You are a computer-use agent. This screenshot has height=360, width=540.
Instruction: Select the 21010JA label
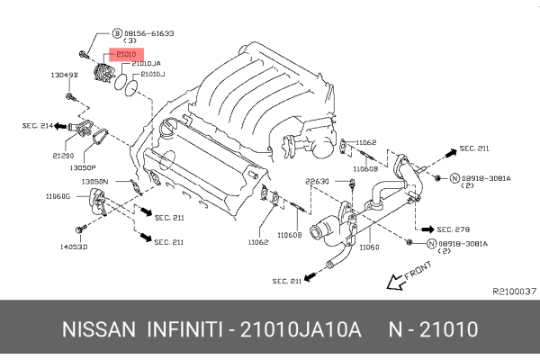[147, 64]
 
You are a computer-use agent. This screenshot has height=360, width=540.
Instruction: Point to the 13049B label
[65, 76]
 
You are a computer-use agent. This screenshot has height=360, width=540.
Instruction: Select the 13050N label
[96, 181]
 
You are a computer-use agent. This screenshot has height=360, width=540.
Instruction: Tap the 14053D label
[74, 246]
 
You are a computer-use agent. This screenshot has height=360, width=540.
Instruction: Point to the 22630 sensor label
[317, 180]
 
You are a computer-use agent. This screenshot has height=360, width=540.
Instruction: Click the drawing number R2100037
[513, 291]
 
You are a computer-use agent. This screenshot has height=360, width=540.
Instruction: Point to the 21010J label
[150, 75]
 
